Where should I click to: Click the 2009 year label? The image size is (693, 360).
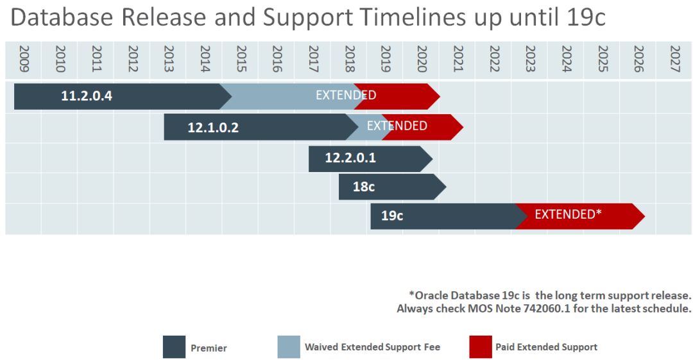pos(24,58)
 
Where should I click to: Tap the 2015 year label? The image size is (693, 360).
pos(241,58)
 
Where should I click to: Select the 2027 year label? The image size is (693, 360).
pos(674,58)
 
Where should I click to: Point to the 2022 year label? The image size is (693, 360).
pos(494,58)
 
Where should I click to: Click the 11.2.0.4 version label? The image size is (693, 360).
pos(87,97)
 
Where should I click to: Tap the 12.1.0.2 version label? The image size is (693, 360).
pos(213,128)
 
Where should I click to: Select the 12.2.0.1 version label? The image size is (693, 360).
pos(350,158)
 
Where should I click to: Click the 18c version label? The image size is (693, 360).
pos(364,187)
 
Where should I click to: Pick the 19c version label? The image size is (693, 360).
pos(392,216)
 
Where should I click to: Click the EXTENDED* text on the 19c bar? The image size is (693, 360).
pos(568,214)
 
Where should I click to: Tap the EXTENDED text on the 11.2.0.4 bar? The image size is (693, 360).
pos(346,96)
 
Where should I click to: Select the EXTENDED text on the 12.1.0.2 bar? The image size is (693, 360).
pos(397,126)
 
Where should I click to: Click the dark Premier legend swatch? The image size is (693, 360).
pos(174,347)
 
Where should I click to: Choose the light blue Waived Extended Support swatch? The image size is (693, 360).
pos(289,347)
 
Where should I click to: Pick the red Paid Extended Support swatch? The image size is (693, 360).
pos(481,347)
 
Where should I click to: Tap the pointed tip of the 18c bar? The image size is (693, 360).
pos(445,187)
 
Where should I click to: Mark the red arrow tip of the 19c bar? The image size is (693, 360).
pos(643,216)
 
